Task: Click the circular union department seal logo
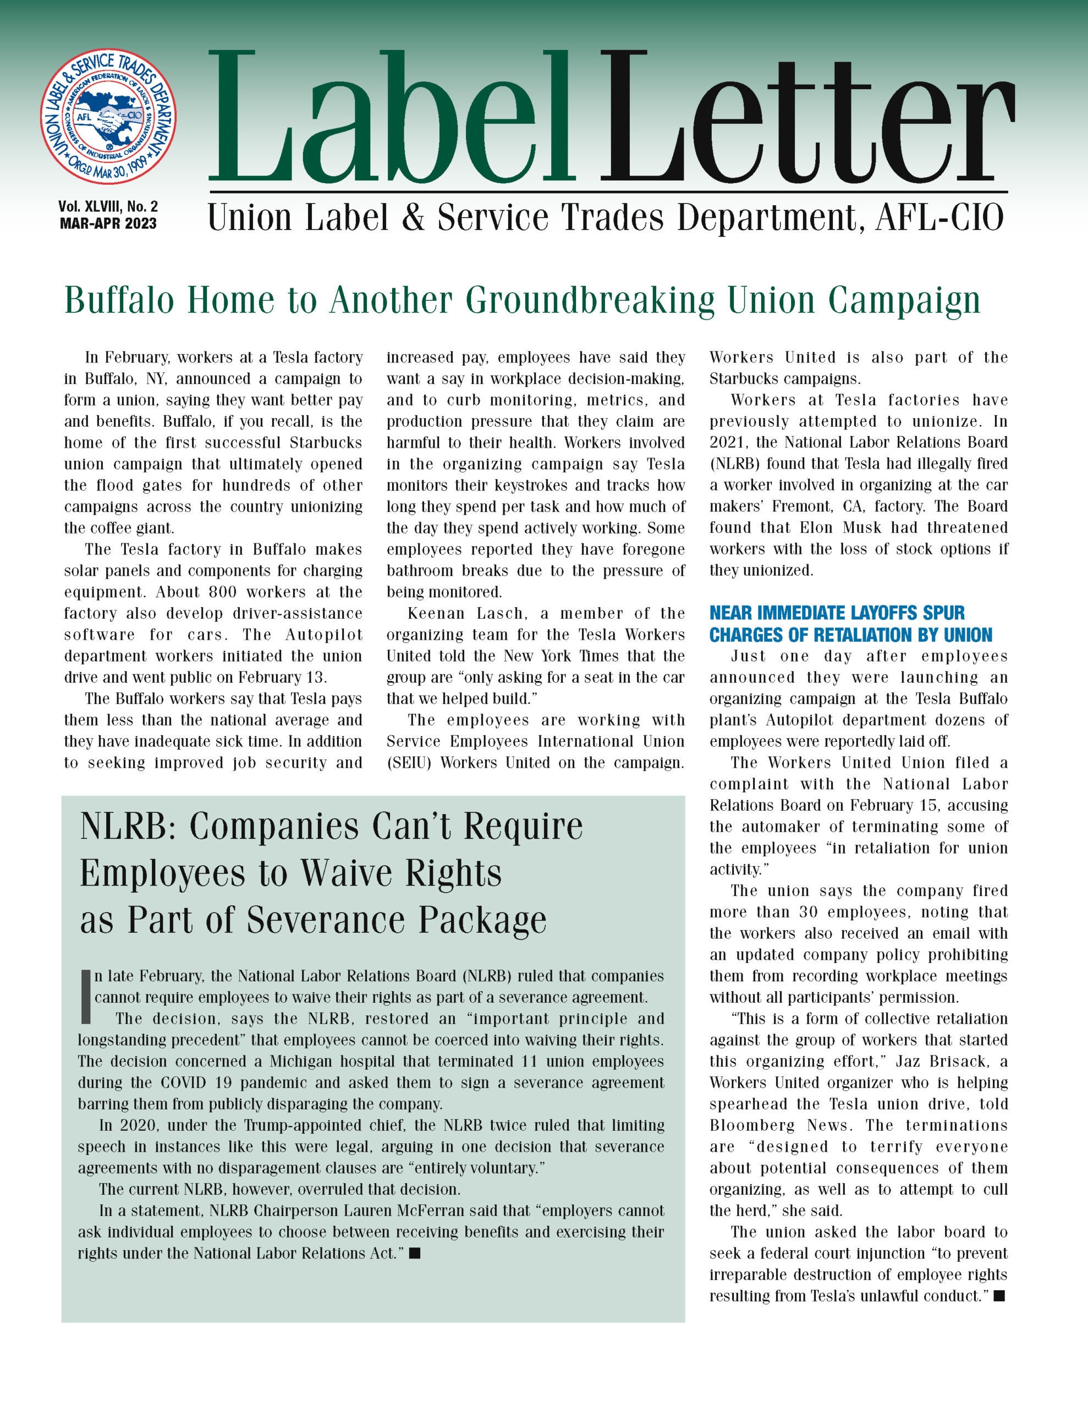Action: [108, 117]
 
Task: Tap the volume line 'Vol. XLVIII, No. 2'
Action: [108, 206]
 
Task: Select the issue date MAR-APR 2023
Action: [108, 224]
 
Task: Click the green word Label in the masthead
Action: [390, 119]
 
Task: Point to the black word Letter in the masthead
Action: [806, 119]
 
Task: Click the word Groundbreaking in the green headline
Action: [590, 300]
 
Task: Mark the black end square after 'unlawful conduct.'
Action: [999, 1296]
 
